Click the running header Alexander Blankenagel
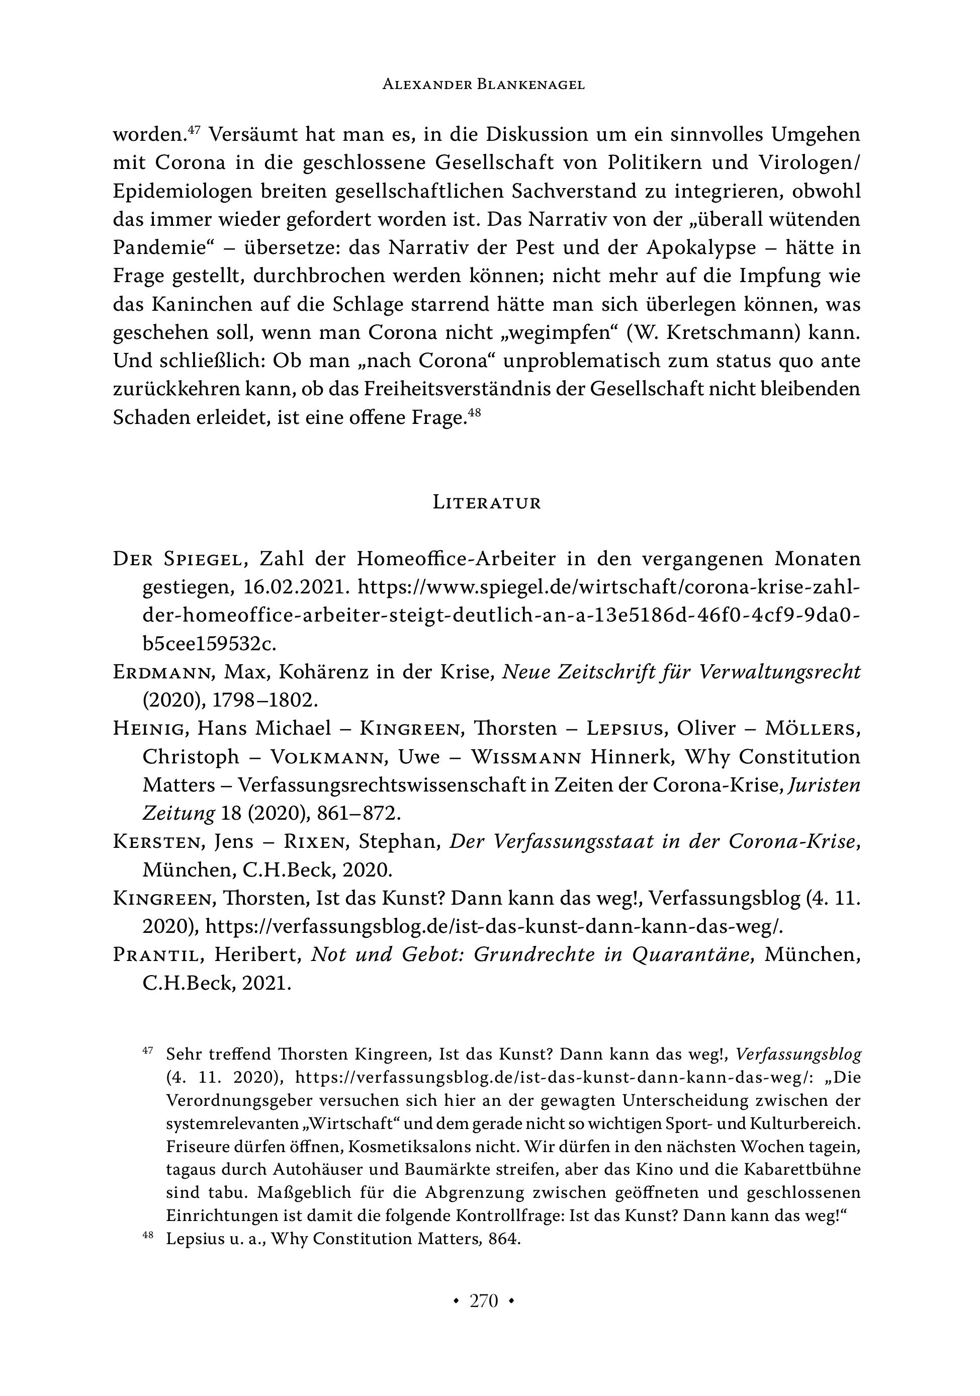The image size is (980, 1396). coord(483,85)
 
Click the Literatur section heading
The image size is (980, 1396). coord(486,503)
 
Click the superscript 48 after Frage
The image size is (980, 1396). coord(475,413)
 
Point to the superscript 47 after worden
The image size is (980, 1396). coord(194,129)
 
